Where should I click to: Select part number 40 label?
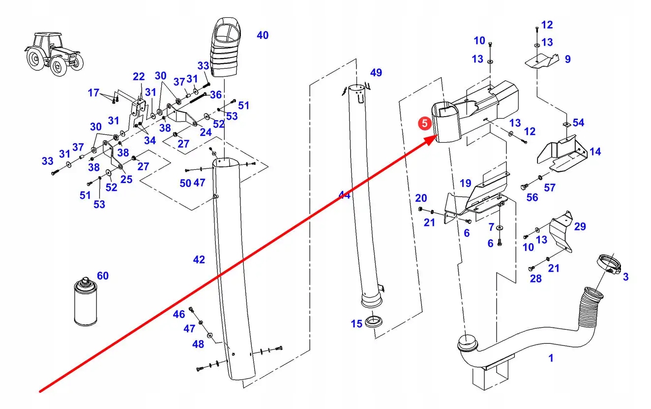[263, 35]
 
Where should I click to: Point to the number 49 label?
[376, 73]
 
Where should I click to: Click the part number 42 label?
[199, 259]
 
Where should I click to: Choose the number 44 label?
[344, 195]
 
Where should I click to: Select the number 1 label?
[551, 358]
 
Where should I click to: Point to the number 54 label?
[579, 122]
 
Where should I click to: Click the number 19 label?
[465, 184]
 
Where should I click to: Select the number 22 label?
[139, 77]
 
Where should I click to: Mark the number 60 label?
[102, 276]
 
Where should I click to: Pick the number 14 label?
[595, 152]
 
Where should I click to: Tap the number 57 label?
[549, 188]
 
